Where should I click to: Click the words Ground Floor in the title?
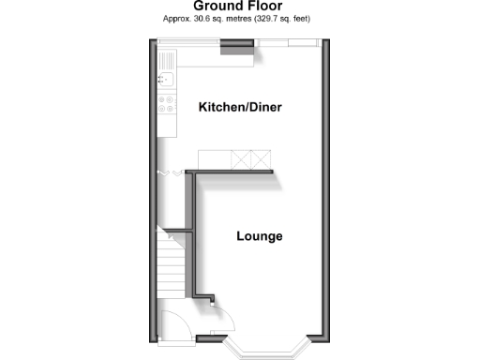(238, 6)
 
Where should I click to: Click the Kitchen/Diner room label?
(240, 108)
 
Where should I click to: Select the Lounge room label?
(259, 236)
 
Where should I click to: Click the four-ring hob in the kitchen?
(166, 105)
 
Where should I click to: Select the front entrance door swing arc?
(174, 323)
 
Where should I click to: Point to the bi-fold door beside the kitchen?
(171, 173)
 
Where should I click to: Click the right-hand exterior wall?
(324, 187)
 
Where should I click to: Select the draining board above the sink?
(165, 62)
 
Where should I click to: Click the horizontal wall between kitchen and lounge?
(230, 172)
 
